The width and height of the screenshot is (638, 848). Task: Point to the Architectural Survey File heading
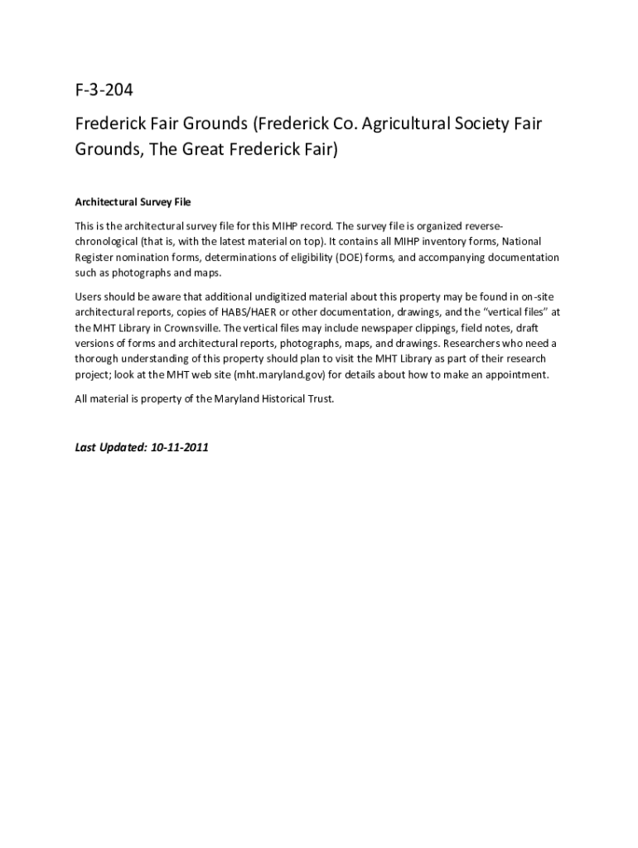pyautogui.click(x=133, y=202)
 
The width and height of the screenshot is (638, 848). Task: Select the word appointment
pyautogui.click(x=517, y=374)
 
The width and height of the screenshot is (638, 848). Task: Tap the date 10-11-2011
pyautogui.click(x=180, y=447)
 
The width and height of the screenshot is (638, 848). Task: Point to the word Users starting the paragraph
pyautogui.click(x=89, y=296)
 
